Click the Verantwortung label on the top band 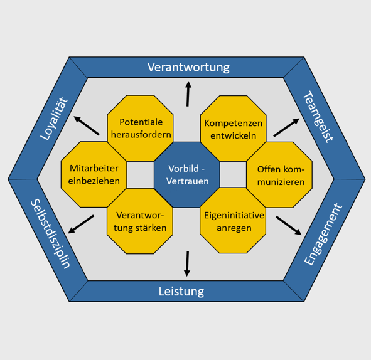tap(188, 67)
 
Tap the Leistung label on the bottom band tap(181, 291)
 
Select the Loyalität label tap(54, 119)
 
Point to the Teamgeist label tap(318, 117)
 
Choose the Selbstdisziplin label tap(50, 234)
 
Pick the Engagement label tap(323, 234)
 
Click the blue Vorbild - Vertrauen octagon tap(187, 175)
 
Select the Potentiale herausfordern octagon tap(141, 128)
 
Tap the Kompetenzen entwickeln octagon tap(234, 129)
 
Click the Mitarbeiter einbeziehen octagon tap(94, 174)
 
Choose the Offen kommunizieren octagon tap(279, 175)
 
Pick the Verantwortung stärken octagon tap(140, 221)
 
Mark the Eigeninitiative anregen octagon tap(233, 221)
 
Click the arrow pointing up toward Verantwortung tap(188, 94)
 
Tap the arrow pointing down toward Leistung tap(187, 264)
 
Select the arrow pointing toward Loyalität tap(87, 125)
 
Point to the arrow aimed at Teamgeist tap(286, 127)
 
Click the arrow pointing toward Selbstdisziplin tap(81, 225)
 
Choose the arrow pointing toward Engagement tap(289, 226)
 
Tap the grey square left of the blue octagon tap(141, 175)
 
